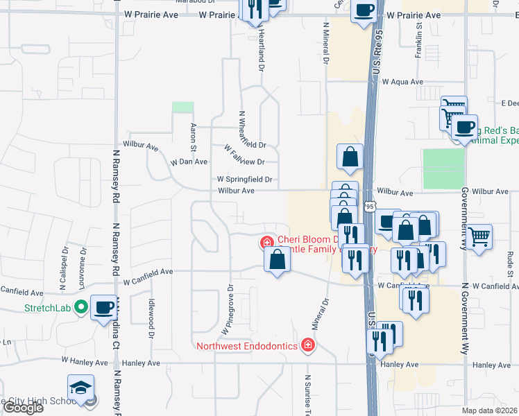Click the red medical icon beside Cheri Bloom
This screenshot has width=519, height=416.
266,243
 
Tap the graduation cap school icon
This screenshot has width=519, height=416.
80,387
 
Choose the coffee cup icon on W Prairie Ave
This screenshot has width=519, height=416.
364,11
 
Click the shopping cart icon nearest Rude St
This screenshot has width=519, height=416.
479,236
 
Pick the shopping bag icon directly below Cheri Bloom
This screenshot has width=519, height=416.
277,260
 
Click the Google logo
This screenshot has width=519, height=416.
24,408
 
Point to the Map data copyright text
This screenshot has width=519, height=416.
490,410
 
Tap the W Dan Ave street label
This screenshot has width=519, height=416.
189,162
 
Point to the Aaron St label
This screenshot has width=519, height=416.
194,136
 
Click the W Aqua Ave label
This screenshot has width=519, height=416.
402,82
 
